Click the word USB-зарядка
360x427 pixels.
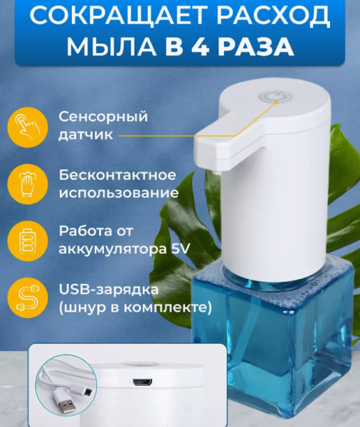99,291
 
